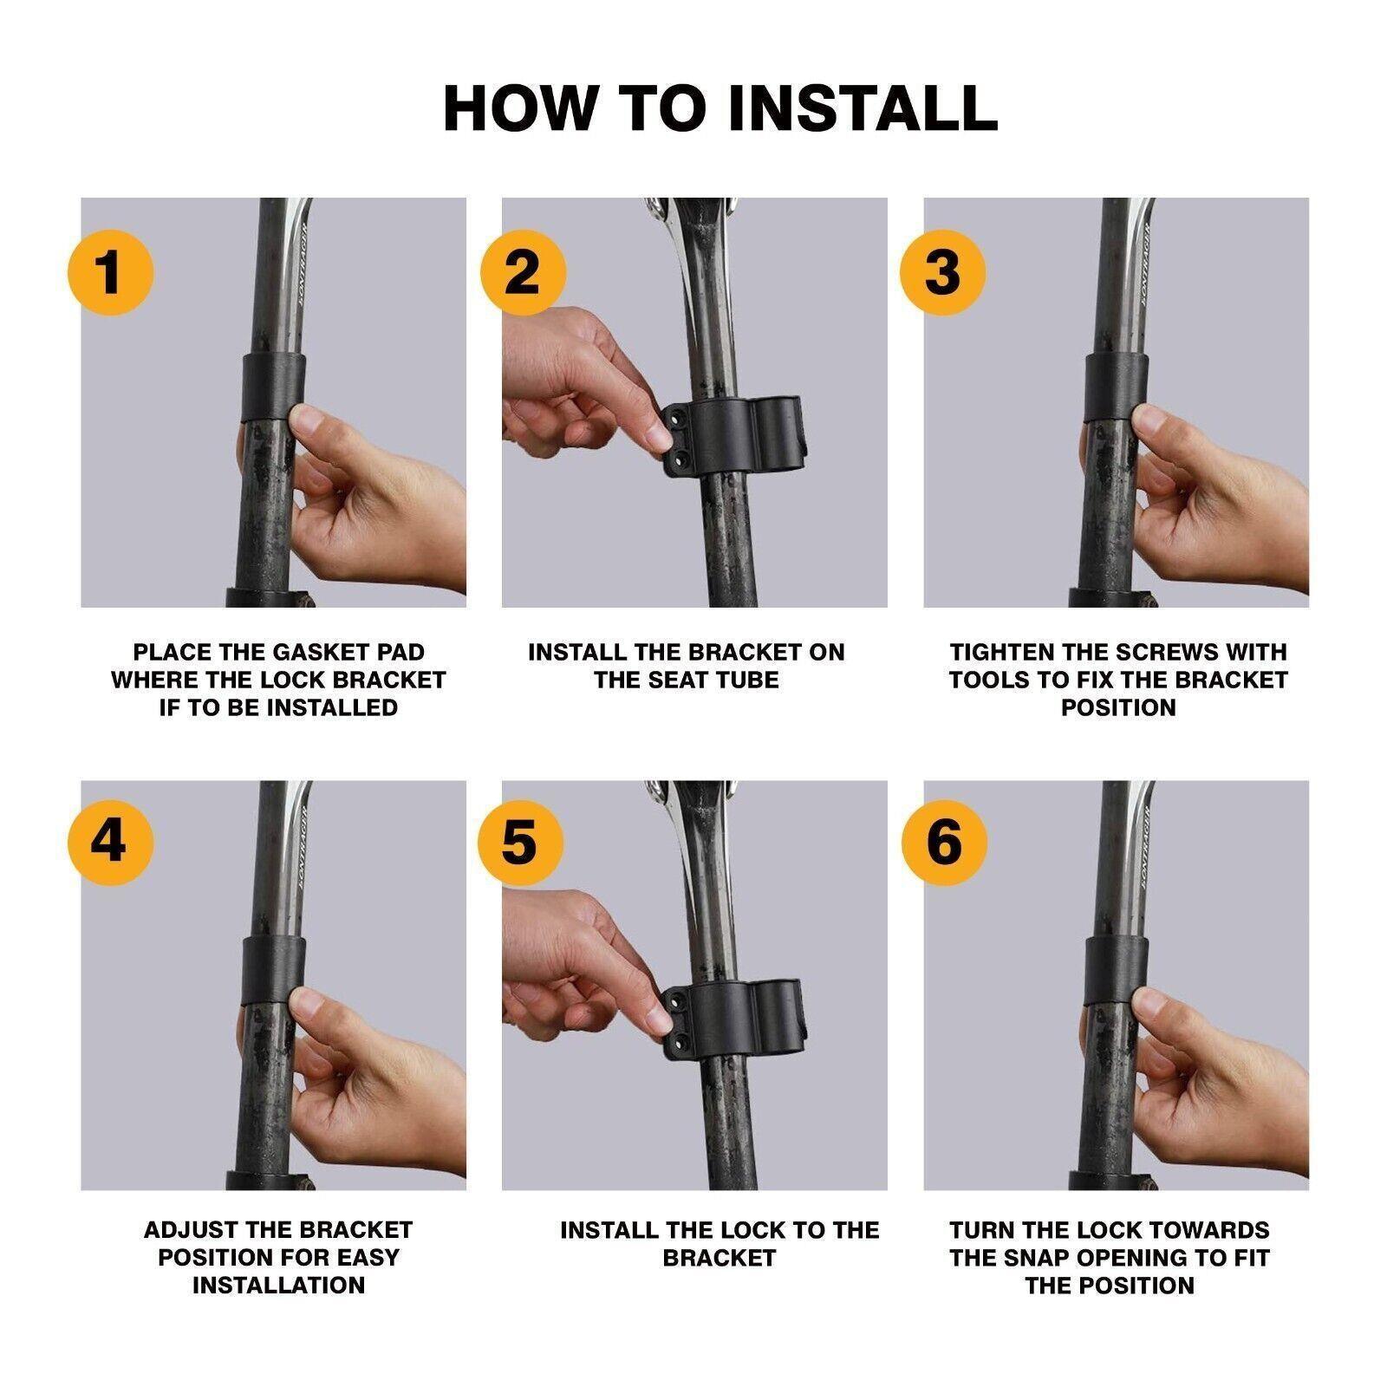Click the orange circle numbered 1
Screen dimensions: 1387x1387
click(x=110, y=272)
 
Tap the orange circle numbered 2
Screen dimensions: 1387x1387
click(x=523, y=272)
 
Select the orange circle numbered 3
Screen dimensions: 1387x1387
click(x=943, y=272)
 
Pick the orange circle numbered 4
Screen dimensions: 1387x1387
click(x=110, y=841)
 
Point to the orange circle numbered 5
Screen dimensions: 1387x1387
click(x=521, y=841)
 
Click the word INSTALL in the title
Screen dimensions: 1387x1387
click(x=863, y=108)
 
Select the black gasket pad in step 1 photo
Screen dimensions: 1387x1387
click(x=272, y=385)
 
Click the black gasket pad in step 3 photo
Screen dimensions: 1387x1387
click(x=1116, y=385)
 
